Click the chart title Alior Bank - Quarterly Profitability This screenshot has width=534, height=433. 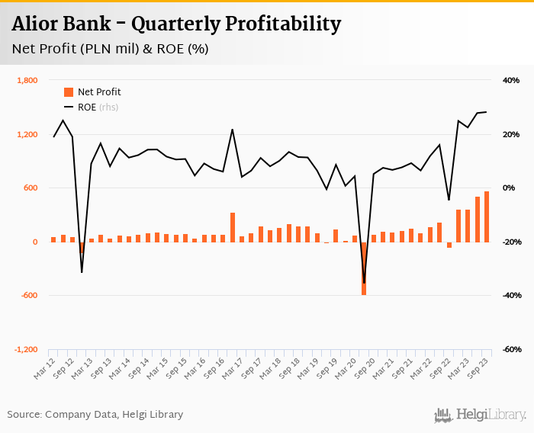(x=176, y=24)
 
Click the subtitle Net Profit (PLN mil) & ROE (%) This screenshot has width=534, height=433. (x=110, y=50)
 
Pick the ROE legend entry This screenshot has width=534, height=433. (x=87, y=107)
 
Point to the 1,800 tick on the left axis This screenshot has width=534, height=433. (x=27, y=81)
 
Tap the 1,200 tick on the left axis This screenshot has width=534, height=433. (x=27, y=135)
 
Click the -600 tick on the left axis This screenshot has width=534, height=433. (x=27, y=296)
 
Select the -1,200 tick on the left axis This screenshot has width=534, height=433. (x=25, y=350)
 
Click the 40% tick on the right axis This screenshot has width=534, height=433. (x=510, y=81)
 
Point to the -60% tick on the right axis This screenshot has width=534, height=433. (x=510, y=350)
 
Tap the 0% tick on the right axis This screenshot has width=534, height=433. (x=510, y=188)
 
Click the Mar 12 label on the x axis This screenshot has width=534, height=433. (x=44, y=371)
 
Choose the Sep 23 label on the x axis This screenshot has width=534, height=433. (x=478, y=371)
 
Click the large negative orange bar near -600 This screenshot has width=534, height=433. (x=364, y=268)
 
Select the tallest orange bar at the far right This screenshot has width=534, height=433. (x=487, y=217)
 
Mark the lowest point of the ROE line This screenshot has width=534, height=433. (x=364, y=284)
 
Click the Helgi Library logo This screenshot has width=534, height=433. (x=481, y=415)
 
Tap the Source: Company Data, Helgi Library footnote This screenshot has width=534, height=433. (x=95, y=415)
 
